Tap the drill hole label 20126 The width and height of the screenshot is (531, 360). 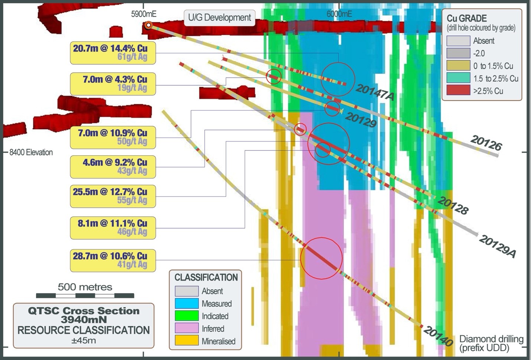(486, 143)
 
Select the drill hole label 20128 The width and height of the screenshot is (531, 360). (453, 205)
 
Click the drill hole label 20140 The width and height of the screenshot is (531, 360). (438, 336)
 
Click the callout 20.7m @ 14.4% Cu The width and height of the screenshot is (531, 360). (113, 53)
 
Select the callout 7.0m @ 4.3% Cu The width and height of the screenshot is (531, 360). (113, 84)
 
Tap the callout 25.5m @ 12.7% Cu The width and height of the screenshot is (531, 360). (113, 196)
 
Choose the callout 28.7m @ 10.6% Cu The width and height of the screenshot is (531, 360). (113, 260)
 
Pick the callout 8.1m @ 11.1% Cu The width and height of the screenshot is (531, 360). (113, 227)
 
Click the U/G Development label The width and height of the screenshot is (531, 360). (219, 17)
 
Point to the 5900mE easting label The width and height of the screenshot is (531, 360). (144, 14)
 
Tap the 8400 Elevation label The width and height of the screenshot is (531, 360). (31, 152)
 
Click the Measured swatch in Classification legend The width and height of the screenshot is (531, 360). (186, 304)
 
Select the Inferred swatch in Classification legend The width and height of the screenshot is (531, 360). (186, 328)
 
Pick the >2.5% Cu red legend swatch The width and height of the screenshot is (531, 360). (458, 91)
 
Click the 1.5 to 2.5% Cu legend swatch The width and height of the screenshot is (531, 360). (458, 78)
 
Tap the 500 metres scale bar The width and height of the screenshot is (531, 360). (85, 295)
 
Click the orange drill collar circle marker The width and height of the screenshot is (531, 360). (148, 25)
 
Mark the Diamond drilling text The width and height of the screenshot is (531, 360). (491, 339)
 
